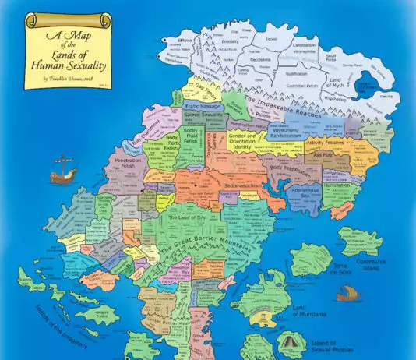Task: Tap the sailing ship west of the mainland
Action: point(63,171)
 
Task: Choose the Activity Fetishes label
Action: point(326,143)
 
